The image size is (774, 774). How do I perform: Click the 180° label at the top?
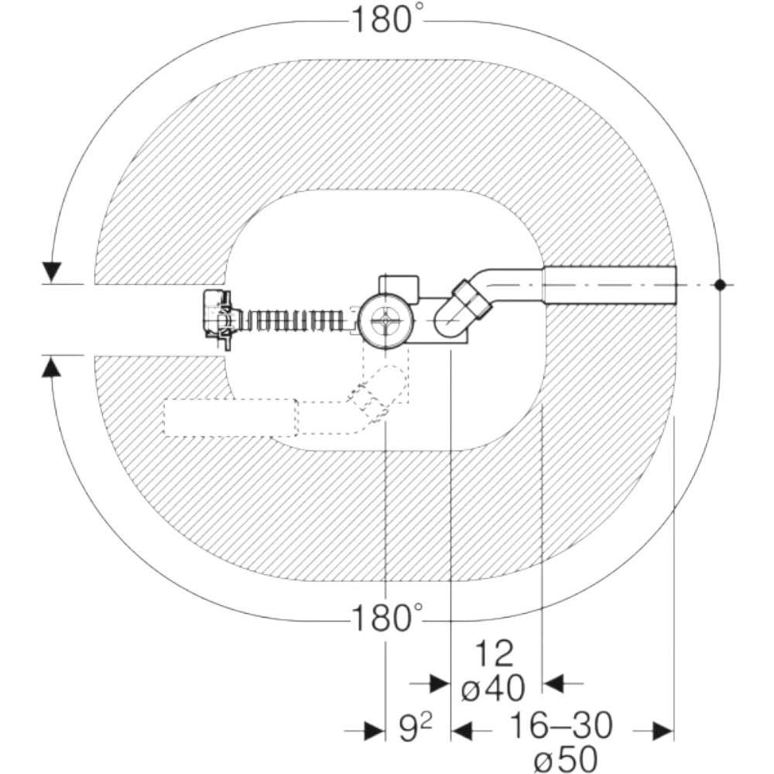[x=387, y=20]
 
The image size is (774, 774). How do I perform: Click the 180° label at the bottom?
[x=387, y=617]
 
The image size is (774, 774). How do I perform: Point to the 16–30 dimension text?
[x=560, y=725]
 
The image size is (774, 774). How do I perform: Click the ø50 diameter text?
[x=566, y=759]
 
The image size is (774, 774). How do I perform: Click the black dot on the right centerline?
[x=720, y=285]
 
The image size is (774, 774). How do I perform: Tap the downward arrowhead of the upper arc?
[x=52, y=272]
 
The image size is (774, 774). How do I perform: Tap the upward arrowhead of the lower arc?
[x=51, y=367]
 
